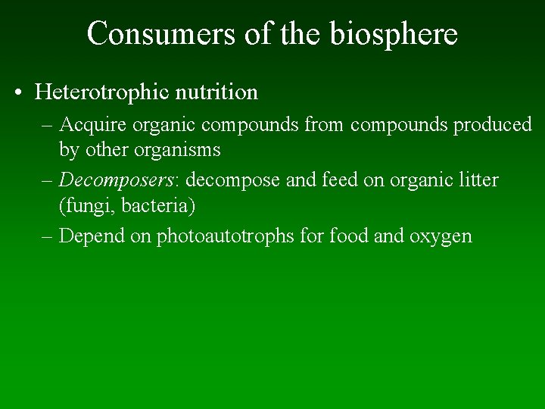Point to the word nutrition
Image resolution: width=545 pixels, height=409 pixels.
pos(217,92)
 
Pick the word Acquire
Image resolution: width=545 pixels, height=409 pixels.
pos(93,125)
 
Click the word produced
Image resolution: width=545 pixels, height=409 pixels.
pos(493,125)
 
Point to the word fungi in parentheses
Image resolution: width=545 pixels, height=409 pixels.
pos(85,206)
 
